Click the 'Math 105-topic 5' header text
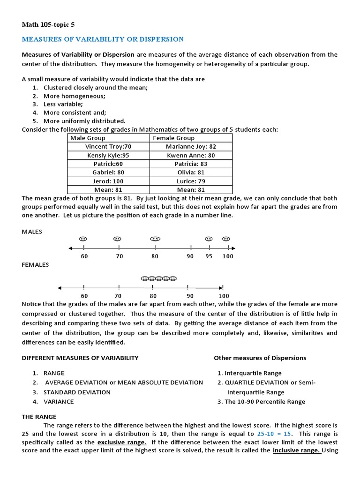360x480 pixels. [48, 24]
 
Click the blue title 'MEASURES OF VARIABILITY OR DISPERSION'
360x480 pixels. [103, 39]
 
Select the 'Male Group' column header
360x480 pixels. [88, 138]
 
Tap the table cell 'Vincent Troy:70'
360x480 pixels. [108, 147]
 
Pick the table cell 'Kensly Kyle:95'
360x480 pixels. [108, 155]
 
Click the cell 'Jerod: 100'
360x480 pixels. [108, 181]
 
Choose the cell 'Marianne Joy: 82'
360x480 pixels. [191, 147]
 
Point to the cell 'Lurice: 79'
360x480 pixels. [191, 181]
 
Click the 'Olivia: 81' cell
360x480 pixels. [191, 172]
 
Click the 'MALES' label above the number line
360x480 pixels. [32, 232]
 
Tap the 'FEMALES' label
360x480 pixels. [35, 264]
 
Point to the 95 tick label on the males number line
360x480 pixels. [209, 256]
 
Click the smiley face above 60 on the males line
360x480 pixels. [83, 239]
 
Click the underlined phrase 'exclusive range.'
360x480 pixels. [122, 442]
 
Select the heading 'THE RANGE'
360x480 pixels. [39, 416]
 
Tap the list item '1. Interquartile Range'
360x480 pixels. [249, 373]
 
